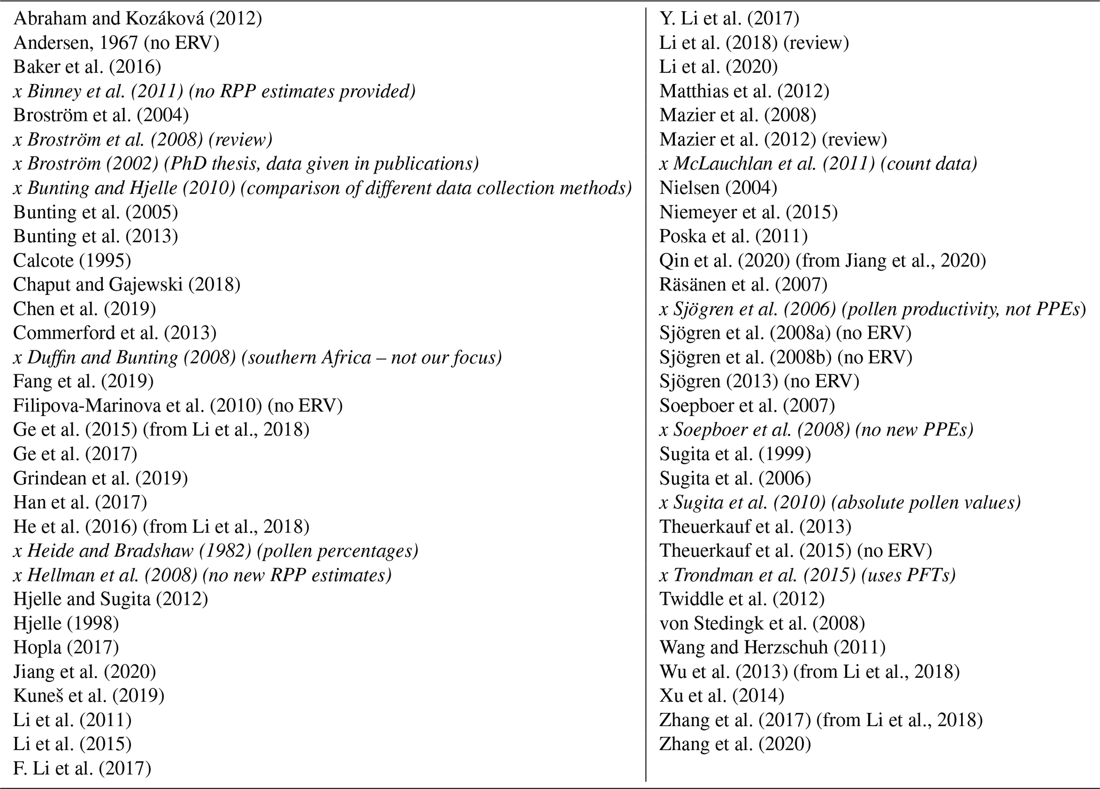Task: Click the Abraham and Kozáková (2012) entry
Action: point(137,19)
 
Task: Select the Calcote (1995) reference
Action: point(72,260)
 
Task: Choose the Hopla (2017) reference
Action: point(65,647)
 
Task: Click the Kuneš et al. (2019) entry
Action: point(88,696)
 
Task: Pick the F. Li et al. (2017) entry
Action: point(82,768)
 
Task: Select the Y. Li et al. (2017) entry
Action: point(729,19)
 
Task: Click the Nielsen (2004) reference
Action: point(718,188)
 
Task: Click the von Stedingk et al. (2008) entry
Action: point(762,623)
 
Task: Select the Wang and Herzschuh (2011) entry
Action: point(772,647)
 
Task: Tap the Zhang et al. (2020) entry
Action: point(735,744)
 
